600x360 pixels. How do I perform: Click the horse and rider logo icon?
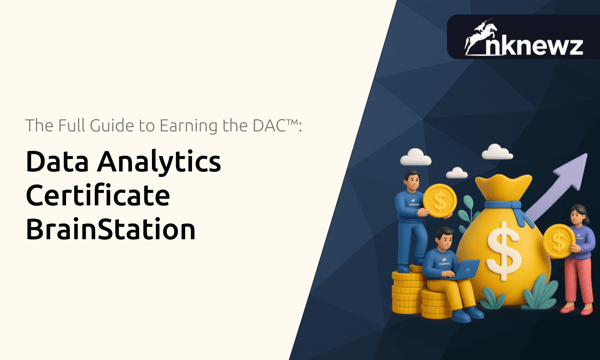click(x=482, y=38)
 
